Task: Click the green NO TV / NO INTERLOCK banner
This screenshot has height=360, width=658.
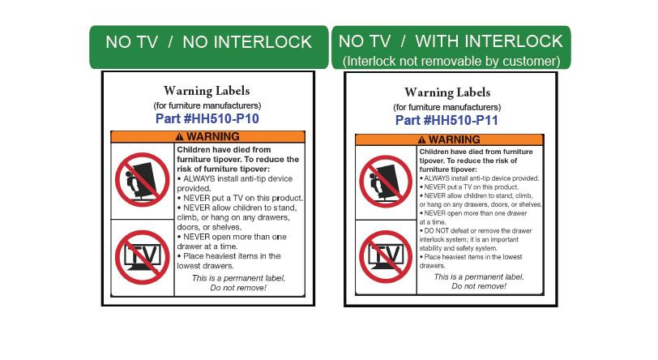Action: pos(209,47)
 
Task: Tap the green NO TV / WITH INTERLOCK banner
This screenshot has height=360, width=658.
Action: pos(451,47)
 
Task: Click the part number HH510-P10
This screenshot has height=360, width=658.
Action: pos(207,118)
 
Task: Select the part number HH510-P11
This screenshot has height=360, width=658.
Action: pos(446,120)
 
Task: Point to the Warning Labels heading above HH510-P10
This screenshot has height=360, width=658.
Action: pos(207,91)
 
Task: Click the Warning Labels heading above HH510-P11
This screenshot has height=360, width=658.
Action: pos(447,92)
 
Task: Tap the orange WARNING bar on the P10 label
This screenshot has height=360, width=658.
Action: pos(207,136)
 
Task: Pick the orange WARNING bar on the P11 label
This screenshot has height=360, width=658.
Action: pos(450,139)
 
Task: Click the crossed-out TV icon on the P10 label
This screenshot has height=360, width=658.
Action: pos(143,257)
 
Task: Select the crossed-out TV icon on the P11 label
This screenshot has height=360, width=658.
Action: pos(386,256)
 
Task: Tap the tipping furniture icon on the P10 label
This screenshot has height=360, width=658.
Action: pos(143,180)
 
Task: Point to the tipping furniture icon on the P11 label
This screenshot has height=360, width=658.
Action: pos(386,182)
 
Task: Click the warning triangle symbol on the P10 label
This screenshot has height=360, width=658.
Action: pos(180,136)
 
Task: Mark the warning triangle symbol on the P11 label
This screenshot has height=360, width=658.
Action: pos(421,139)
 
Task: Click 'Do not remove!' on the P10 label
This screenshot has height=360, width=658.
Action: pos(238,288)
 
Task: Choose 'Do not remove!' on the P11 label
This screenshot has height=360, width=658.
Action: pos(479,286)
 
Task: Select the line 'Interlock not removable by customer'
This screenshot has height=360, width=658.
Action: pos(451,62)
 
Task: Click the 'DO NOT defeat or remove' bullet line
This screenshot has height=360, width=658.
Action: pos(476,230)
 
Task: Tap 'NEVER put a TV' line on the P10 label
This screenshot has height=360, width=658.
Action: pos(240,198)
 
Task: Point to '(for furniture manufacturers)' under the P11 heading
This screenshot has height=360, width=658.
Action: pos(447,107)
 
